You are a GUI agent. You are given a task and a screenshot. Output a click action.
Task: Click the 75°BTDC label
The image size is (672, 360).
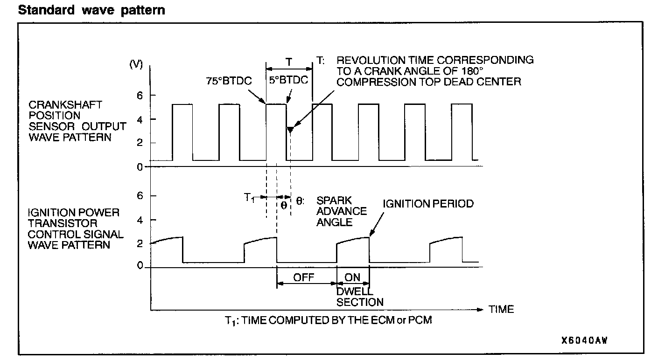(x=229, y=81)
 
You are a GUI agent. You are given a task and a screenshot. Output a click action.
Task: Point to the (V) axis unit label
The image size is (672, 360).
(x=135, y=65)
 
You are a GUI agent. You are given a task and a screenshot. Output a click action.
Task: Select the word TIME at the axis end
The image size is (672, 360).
(x=501, y=309)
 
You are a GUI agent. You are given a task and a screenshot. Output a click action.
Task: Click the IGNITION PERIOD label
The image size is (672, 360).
(x=428, y=204)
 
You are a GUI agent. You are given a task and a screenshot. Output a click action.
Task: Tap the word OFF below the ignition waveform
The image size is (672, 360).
(x=304, y=277)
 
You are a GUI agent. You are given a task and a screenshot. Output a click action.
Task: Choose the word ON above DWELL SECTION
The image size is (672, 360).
(x=352, y=277)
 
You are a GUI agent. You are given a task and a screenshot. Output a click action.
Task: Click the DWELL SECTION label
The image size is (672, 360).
(x=360, y=297)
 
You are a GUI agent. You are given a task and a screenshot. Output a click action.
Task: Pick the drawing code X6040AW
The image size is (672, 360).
(x=584, y=340)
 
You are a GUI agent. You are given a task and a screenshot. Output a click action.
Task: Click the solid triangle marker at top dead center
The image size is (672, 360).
(x=290, y=130)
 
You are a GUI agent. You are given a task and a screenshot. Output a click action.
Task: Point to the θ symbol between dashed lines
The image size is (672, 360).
(x=284, y=205)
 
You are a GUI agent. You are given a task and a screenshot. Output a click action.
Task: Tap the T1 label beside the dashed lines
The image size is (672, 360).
(x=251, y=198)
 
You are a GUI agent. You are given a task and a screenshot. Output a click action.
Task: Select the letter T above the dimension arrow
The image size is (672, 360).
(x=289, y=61)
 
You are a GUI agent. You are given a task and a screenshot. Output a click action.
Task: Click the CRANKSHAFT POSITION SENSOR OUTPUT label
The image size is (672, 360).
(x=77, y=121)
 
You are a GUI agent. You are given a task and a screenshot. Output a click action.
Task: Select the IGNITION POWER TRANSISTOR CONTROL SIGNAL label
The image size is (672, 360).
(x=76, y=228)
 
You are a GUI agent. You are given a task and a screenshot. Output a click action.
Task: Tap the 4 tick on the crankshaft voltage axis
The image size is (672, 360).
(x=139, y=119)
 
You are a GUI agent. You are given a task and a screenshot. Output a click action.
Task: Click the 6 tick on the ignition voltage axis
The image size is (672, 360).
(x=139, y=196)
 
